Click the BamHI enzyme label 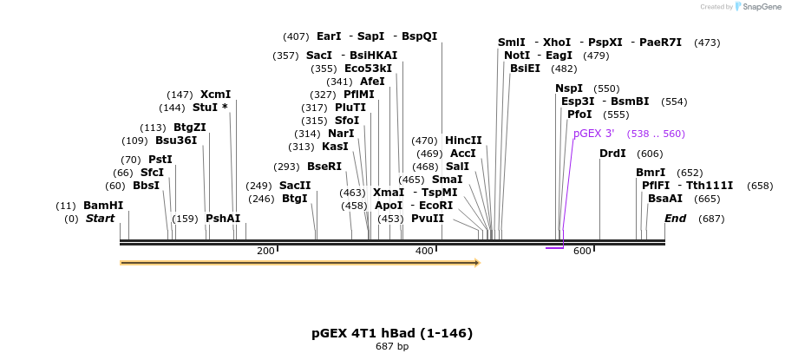(x=102, y=206)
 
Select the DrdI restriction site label (x=612, y=154)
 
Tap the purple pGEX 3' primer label (x=593, y=134)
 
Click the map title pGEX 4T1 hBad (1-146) (x=392, y=333)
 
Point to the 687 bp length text (x=392, y=347)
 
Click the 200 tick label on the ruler (x=265, y=251)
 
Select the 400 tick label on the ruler (x=424, y=251)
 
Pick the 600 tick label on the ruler (x=582, y=251)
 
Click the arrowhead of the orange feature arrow (x=476, y=262)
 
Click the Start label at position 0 (x=100, y=219)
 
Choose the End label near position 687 (x=676, y=219)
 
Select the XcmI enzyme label (x=215, y=95)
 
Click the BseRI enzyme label (x=324, y=167)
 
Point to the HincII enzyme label (x=463, y=141)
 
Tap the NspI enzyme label (x=569, y=88)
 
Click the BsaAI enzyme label (x=665, y=199)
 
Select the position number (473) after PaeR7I (x=707, y=43)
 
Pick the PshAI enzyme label (x=223, y=219)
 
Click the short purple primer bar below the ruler (x=554, y=248)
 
